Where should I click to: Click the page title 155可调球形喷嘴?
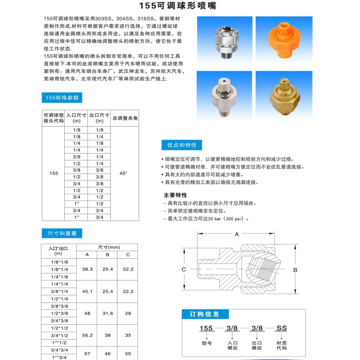180,7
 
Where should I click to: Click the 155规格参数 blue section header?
62,98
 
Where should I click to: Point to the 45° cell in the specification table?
123,173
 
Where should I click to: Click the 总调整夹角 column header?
125,118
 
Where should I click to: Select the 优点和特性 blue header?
181,145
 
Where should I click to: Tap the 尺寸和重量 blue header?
62,233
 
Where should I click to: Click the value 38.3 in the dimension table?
87,269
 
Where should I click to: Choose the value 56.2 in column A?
87,335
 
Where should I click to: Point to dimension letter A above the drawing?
236,234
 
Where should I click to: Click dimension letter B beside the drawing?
295,270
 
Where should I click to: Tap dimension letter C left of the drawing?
184,269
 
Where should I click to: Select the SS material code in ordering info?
281,328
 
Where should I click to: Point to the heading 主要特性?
175,196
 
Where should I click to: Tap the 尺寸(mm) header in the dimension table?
108,247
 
